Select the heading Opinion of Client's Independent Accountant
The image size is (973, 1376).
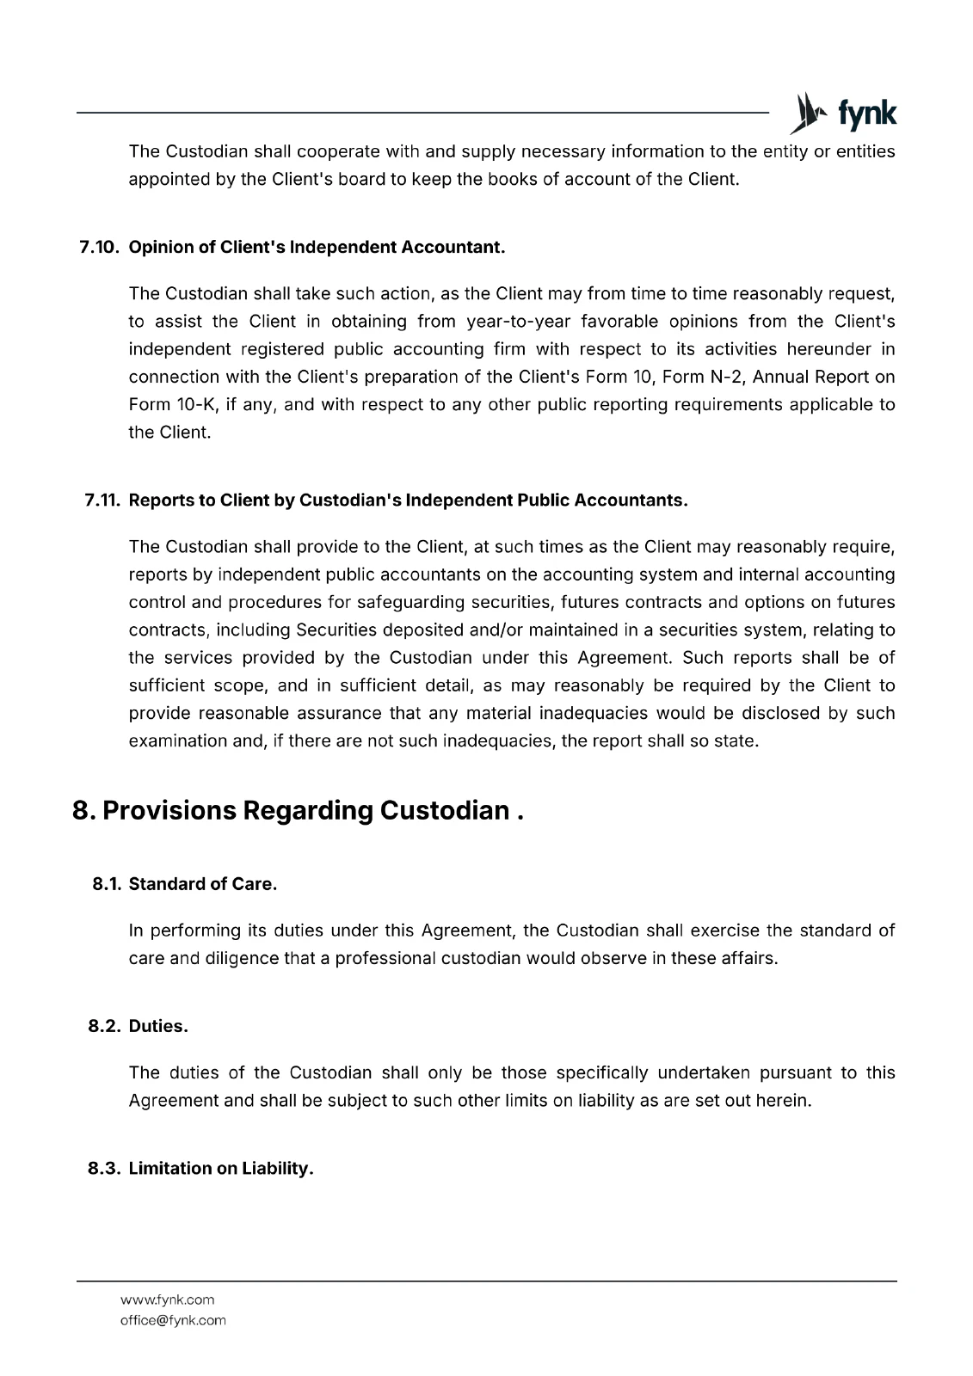click(x=317, y=248)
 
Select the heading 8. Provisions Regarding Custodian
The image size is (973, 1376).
click(x=298, y=811)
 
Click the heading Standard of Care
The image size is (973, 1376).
click(x=203, y=884)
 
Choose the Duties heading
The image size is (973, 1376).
click(x=158, y=1026)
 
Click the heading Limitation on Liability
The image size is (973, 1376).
click(x=221, y=1168)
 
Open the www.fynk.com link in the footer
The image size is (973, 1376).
click(x=167, y=1299)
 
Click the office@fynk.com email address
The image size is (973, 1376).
click(x=173, y=1320)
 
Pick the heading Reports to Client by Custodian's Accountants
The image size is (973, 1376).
click(x=408, y=501)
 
